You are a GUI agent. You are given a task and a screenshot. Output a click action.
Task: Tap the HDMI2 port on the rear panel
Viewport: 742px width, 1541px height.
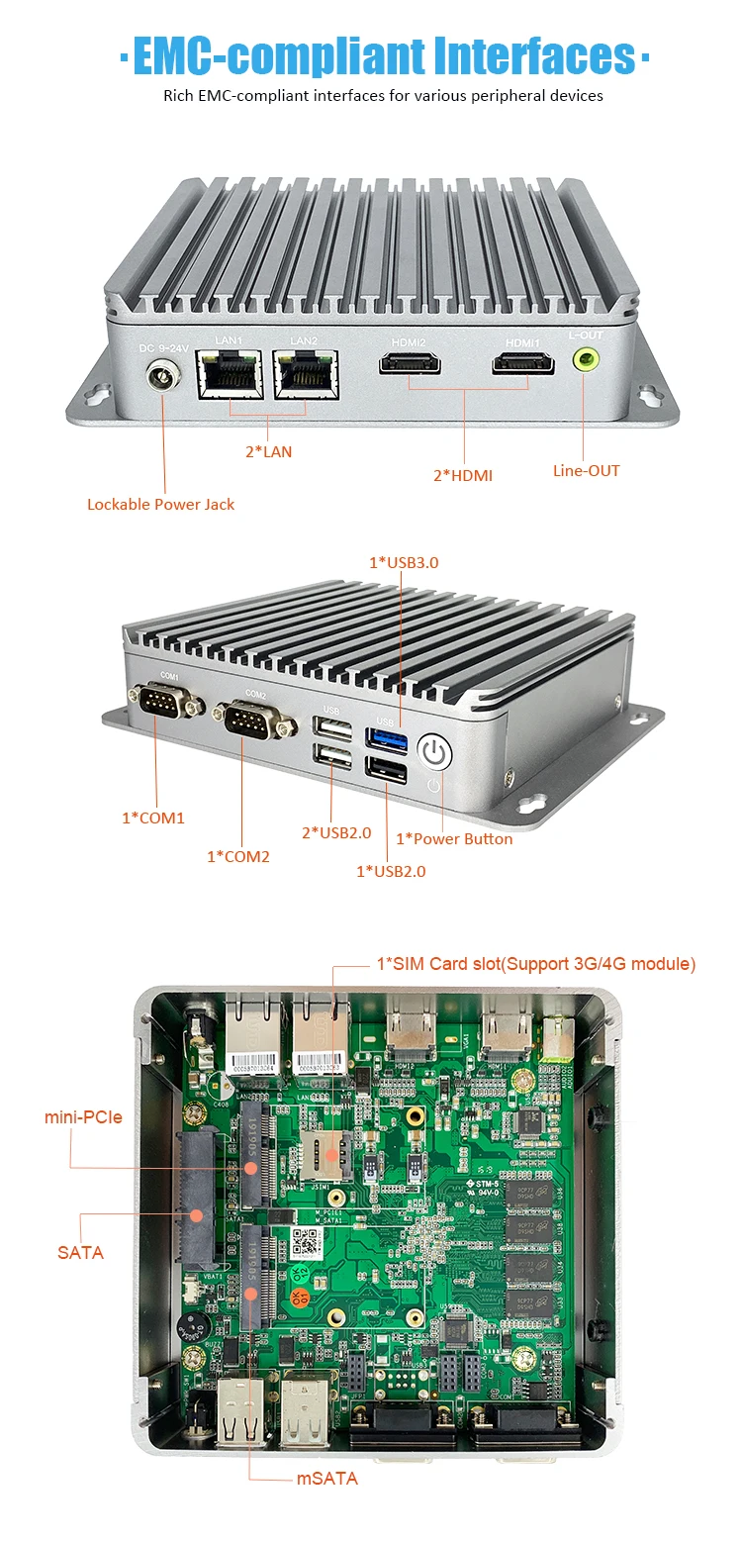(409, 366)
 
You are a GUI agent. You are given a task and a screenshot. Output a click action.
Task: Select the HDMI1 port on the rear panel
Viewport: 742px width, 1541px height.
(523, 366)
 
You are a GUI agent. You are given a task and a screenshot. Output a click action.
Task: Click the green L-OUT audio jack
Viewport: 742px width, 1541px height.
(586, 360)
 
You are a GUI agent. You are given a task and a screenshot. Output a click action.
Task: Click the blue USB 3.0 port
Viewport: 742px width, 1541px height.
(385, 737)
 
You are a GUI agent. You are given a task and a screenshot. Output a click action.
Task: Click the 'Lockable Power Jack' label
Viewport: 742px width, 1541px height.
(160, 504)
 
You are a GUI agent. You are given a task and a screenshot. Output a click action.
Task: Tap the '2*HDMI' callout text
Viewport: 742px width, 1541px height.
(462, 475)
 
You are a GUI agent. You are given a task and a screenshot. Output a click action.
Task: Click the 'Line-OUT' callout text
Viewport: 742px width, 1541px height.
(586, 470)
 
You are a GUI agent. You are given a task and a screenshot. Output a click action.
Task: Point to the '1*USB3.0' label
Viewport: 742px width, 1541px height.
(404, 562)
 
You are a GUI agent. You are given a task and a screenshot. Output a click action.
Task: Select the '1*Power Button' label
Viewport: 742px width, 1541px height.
(454, 838)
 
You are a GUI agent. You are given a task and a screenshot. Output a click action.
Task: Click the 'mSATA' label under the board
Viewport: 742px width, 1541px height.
(327, 1479)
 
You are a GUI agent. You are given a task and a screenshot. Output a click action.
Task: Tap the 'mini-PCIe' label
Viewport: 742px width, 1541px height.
(83, 1116)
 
